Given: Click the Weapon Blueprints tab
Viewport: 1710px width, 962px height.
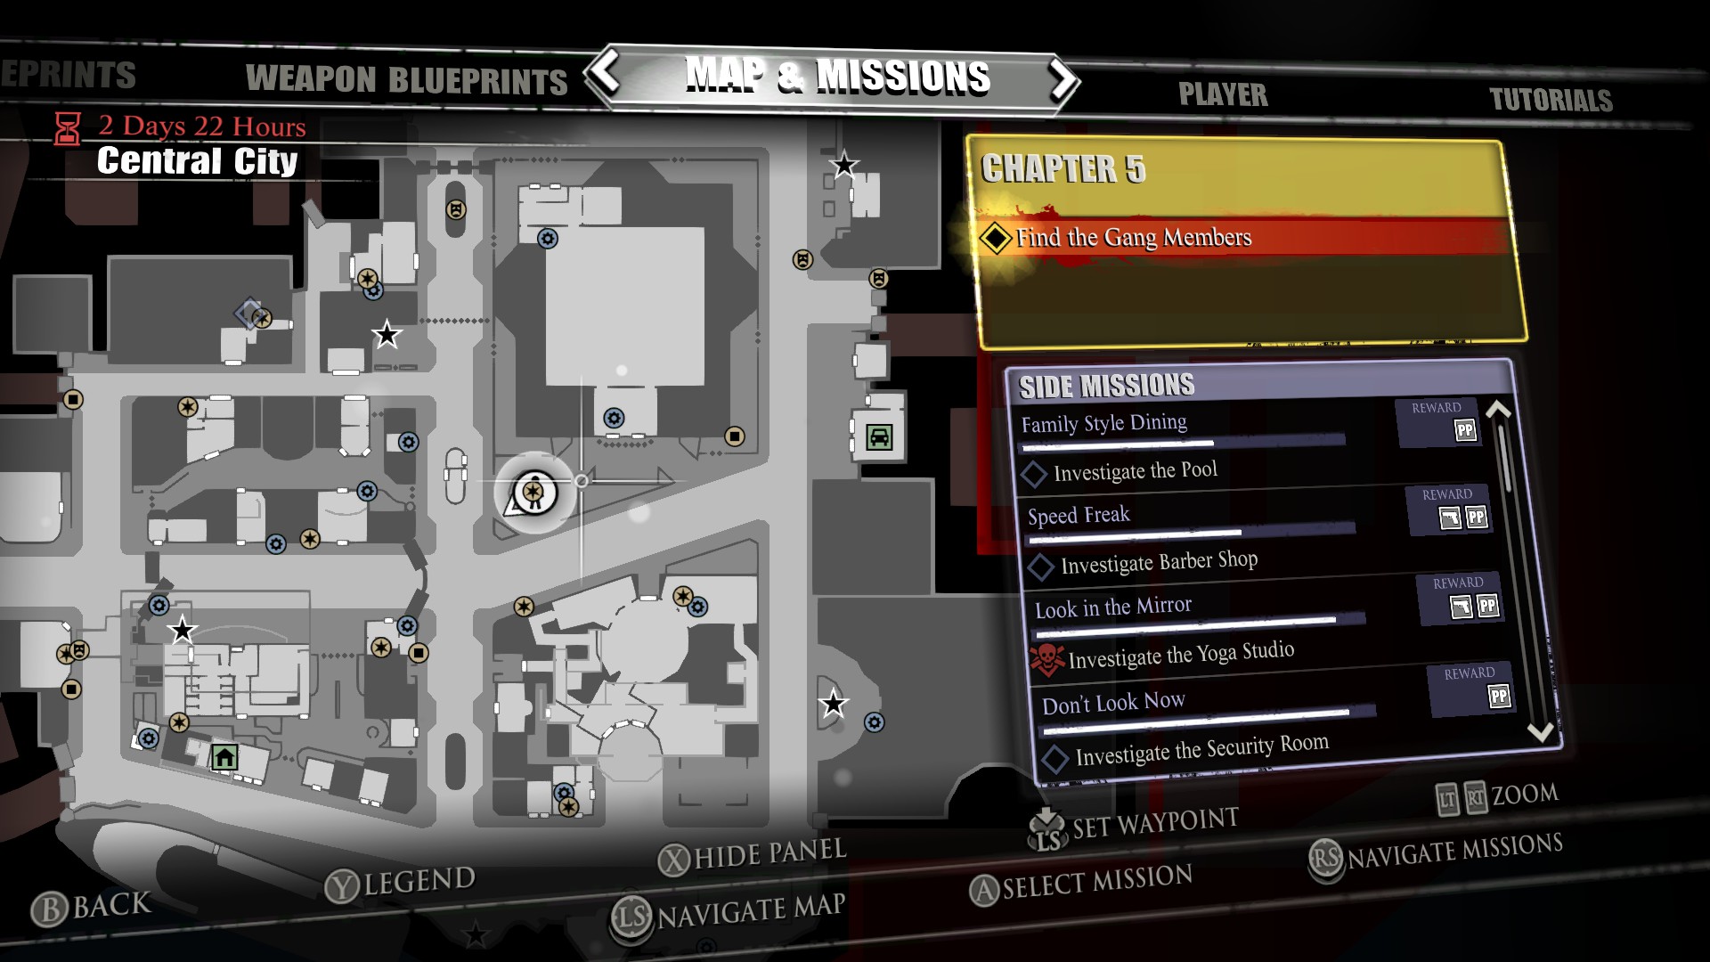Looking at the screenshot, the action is click(406, 80).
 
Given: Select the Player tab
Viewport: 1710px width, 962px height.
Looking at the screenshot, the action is click(1222, 94).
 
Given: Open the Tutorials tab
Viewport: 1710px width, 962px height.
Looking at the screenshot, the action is click(1551, 100).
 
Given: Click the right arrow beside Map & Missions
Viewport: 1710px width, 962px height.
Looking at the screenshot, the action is click(1062, 80).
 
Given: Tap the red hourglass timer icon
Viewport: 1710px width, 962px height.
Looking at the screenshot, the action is click(68, 129).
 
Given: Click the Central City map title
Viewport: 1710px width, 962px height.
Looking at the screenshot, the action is click(197, 161).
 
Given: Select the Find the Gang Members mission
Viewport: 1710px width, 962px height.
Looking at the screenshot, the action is click(1133, 238).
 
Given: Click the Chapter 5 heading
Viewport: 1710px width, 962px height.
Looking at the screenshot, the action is click(1063, 169).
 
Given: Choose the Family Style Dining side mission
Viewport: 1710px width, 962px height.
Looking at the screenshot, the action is click(1103, 423).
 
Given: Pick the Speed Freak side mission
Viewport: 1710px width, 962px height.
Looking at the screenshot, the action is click(1078, 516).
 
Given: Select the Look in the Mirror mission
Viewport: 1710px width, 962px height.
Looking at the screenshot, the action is click(1112, 607).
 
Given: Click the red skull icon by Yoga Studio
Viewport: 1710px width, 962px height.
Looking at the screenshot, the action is click(1046, 660).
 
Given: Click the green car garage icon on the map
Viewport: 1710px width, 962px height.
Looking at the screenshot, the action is click(879, 437).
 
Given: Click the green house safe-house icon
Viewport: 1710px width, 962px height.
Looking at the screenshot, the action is click(224, 757).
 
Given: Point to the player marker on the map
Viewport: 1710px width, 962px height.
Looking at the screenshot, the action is click(534, 493).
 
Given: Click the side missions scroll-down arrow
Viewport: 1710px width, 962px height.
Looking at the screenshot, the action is click(1540, 732).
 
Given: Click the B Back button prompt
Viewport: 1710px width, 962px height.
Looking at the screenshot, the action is click(92, 907).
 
